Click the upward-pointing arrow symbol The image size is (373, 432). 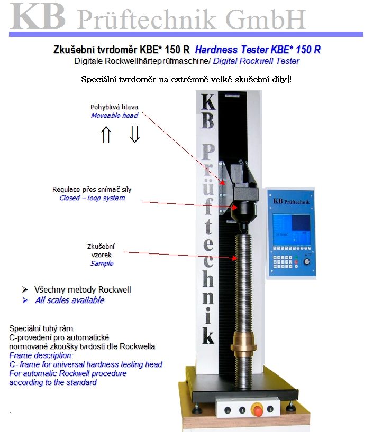(x=106, y=135)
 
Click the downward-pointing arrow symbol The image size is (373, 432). (x=134, y=135)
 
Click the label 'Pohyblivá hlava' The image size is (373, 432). (x=114, y=107)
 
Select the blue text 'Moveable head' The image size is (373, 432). (x=114, y=115)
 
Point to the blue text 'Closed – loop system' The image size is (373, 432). (x=92, y=198)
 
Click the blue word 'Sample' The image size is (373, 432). (x=102, y=263)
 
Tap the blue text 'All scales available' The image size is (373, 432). (x=69, y=300)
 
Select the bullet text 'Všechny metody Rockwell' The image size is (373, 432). (x=83, y=289)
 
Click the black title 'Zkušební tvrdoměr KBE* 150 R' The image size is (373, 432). (x=122, y=50)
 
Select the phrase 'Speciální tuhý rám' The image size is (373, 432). (x=41, y=328)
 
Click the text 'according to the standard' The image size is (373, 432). (x=53, y=382)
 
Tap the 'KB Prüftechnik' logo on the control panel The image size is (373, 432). (x=293, y=201)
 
